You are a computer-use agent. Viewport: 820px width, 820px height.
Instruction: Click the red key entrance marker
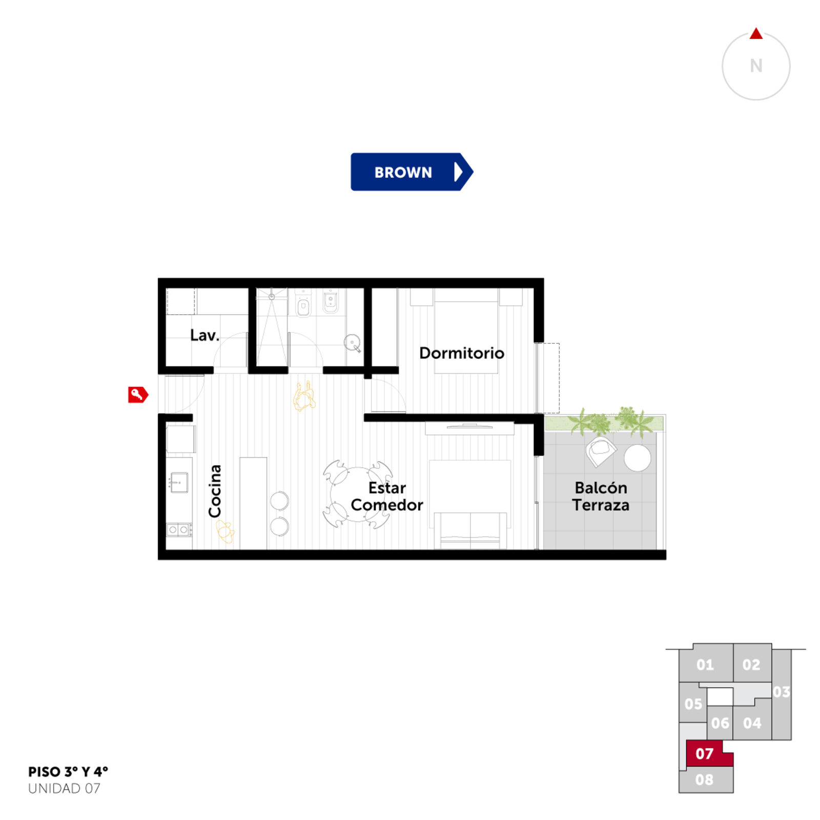pos(138,394)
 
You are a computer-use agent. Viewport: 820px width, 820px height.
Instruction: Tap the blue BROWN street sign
pos(412,172)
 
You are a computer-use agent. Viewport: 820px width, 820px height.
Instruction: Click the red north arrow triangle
pos(756,33)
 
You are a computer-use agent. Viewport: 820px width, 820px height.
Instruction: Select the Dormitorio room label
pos(461,353)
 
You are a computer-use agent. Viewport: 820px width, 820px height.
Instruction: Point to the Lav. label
pos(204,335)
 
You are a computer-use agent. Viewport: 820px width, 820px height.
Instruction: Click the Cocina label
pos(215,491)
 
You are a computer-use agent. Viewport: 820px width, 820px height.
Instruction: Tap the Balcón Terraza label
pos(601,496)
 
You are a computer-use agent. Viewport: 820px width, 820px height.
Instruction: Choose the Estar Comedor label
pos(387,496)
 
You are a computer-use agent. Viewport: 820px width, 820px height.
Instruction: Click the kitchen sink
pos(179,482)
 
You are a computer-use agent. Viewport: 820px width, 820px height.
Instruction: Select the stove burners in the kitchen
pos(179,529)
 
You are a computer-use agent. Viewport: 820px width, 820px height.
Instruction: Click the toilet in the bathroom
pos(303,305)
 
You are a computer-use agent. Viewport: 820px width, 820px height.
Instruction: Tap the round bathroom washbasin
pos(353,342)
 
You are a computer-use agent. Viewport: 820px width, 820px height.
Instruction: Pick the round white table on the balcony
pos(638,458)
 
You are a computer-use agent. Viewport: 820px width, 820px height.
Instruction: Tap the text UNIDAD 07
pos(64,788)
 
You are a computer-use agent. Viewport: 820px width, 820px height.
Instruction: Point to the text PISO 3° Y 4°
pos(68,772)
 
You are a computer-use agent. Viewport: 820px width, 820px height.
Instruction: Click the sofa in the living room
pos(470,530)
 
